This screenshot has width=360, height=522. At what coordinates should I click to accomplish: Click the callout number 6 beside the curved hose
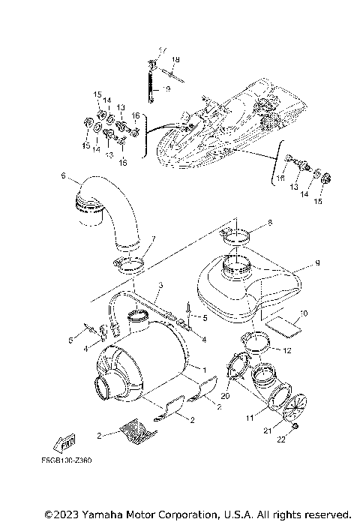tap(64, 177)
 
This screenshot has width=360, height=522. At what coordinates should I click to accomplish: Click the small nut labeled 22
tap(297, 425)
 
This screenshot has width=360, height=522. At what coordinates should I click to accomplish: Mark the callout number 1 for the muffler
tap(202, 370)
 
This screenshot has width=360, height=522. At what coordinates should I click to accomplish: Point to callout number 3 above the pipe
tap(160, 285)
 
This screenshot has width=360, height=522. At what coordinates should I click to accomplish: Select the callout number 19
tap(166, 88)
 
